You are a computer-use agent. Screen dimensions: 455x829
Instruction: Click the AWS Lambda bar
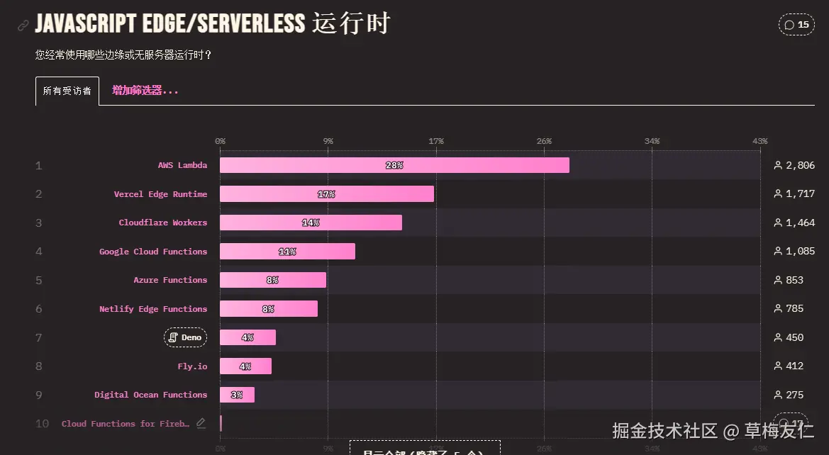click(x=394, y=165)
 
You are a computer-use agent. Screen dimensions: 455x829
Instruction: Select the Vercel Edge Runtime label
click(x=160, y=194)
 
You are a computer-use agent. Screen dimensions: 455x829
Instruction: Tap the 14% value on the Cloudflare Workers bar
click(x=311, y=223)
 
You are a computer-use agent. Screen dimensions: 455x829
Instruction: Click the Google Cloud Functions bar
click(x=287, y=252)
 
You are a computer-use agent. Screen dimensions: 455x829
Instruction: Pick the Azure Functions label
click(x=170, y=280)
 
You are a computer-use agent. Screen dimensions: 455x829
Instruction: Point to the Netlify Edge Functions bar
click(x=269, y=309)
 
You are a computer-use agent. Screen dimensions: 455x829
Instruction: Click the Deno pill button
click(x=185, y=337)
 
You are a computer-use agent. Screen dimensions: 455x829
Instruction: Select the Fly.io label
click(x=192, y=366)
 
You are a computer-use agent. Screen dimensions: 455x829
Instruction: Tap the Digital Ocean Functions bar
click(x=237, y=395)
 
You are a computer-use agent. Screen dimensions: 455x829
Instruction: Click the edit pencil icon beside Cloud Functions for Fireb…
click(x=201, y=423)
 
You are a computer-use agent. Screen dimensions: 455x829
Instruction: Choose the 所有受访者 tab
click(x=67, y=91)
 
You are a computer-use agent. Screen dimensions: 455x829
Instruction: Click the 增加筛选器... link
click(x=145, y=91)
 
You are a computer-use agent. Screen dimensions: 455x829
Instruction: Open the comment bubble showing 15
click(x=796, y=25)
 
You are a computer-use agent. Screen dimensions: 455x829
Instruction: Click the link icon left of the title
click(x=23, y=26)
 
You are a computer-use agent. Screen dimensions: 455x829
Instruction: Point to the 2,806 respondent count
click(x=800, y=165)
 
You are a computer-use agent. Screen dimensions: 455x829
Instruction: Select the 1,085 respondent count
click(x=800, y=252)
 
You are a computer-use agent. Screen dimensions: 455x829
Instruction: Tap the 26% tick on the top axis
click(x=544, y=142)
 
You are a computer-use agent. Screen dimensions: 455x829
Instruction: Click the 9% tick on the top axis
click(x=328, y=142)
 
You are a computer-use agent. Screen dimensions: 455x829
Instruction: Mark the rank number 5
click(x=39, y=280)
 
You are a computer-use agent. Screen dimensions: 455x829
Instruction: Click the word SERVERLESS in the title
click(x=251, y=23)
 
